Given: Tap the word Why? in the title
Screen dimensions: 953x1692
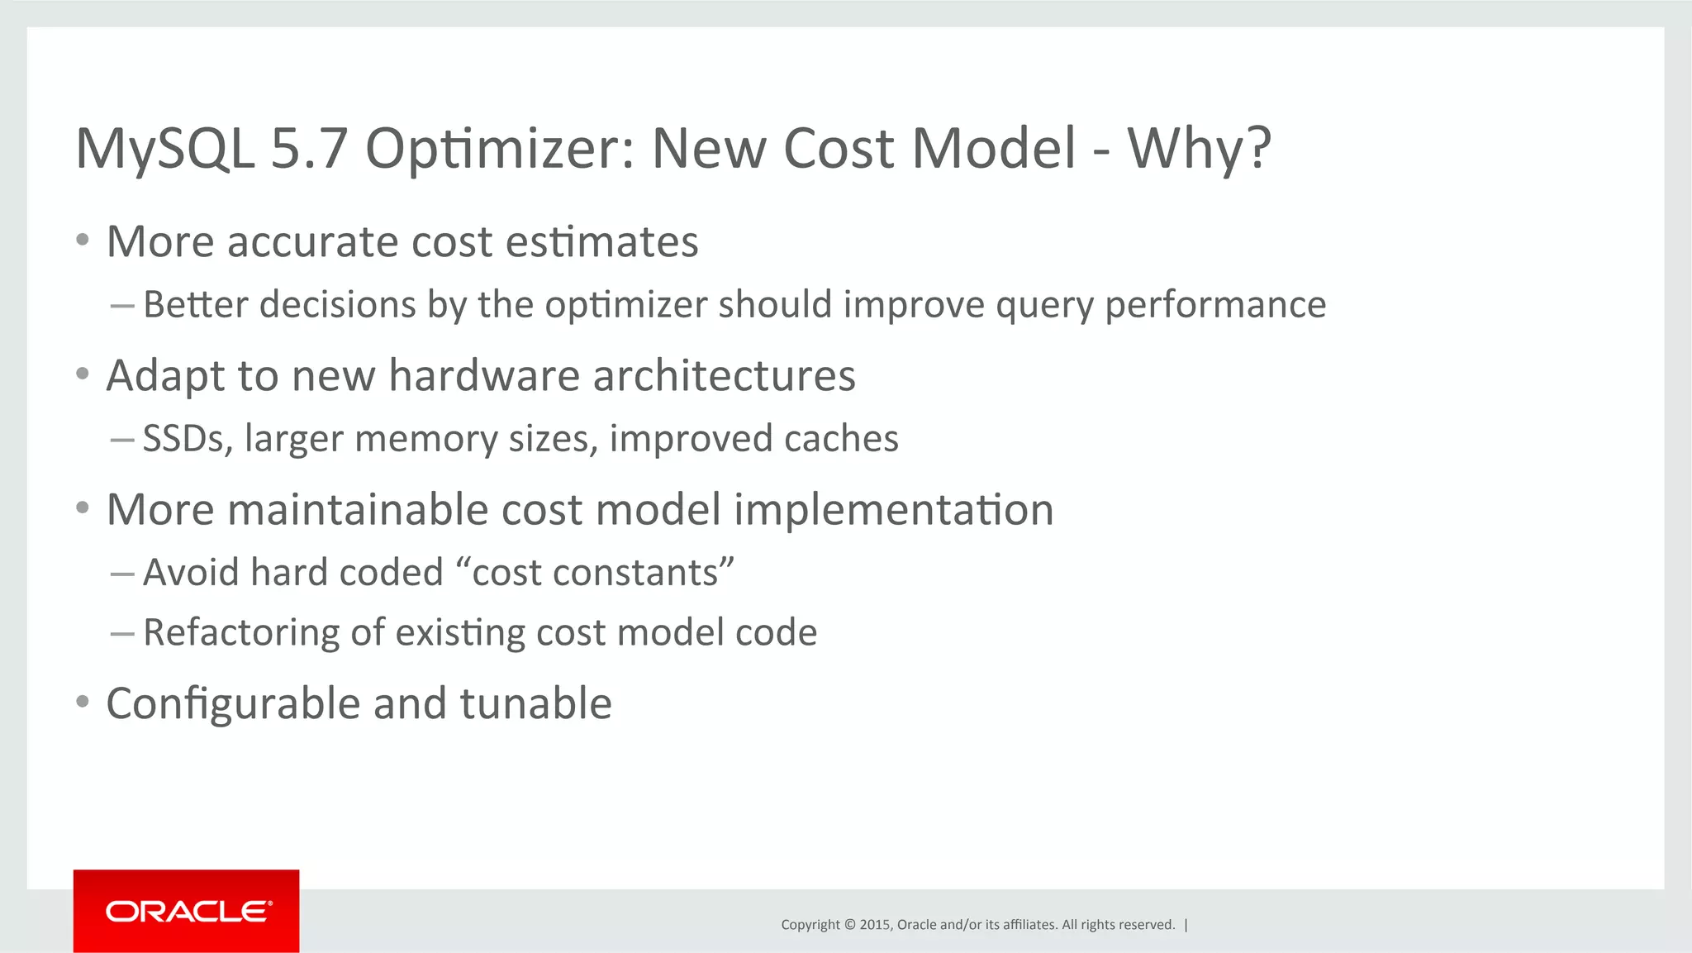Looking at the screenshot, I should pyautogui.click(x=1199, y=150).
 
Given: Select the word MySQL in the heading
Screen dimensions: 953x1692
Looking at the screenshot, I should pyautogui.click(x=165, y=150).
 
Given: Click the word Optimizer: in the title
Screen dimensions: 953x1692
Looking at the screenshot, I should pyautogui.click(x=500, y=150).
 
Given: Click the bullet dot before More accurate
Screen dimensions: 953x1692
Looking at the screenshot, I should pyautogui.click(x=82, y=241).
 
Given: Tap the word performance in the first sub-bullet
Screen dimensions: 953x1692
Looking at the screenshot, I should pyautogui.click(x=1215, y=305).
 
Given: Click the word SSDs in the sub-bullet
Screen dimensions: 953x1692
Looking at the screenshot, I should pyautogui.click(x=188, y=439).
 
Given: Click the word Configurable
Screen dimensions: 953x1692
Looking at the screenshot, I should pyautogui.click(x=234, y=704).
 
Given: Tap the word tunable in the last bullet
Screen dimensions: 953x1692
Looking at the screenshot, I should pyautogui.click(x=535, y=704).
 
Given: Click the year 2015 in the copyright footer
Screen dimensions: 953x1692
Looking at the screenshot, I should pyautogui.click(x=874, y=925).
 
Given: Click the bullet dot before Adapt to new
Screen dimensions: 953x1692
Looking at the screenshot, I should pyautogui.click(x=82, y=374).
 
